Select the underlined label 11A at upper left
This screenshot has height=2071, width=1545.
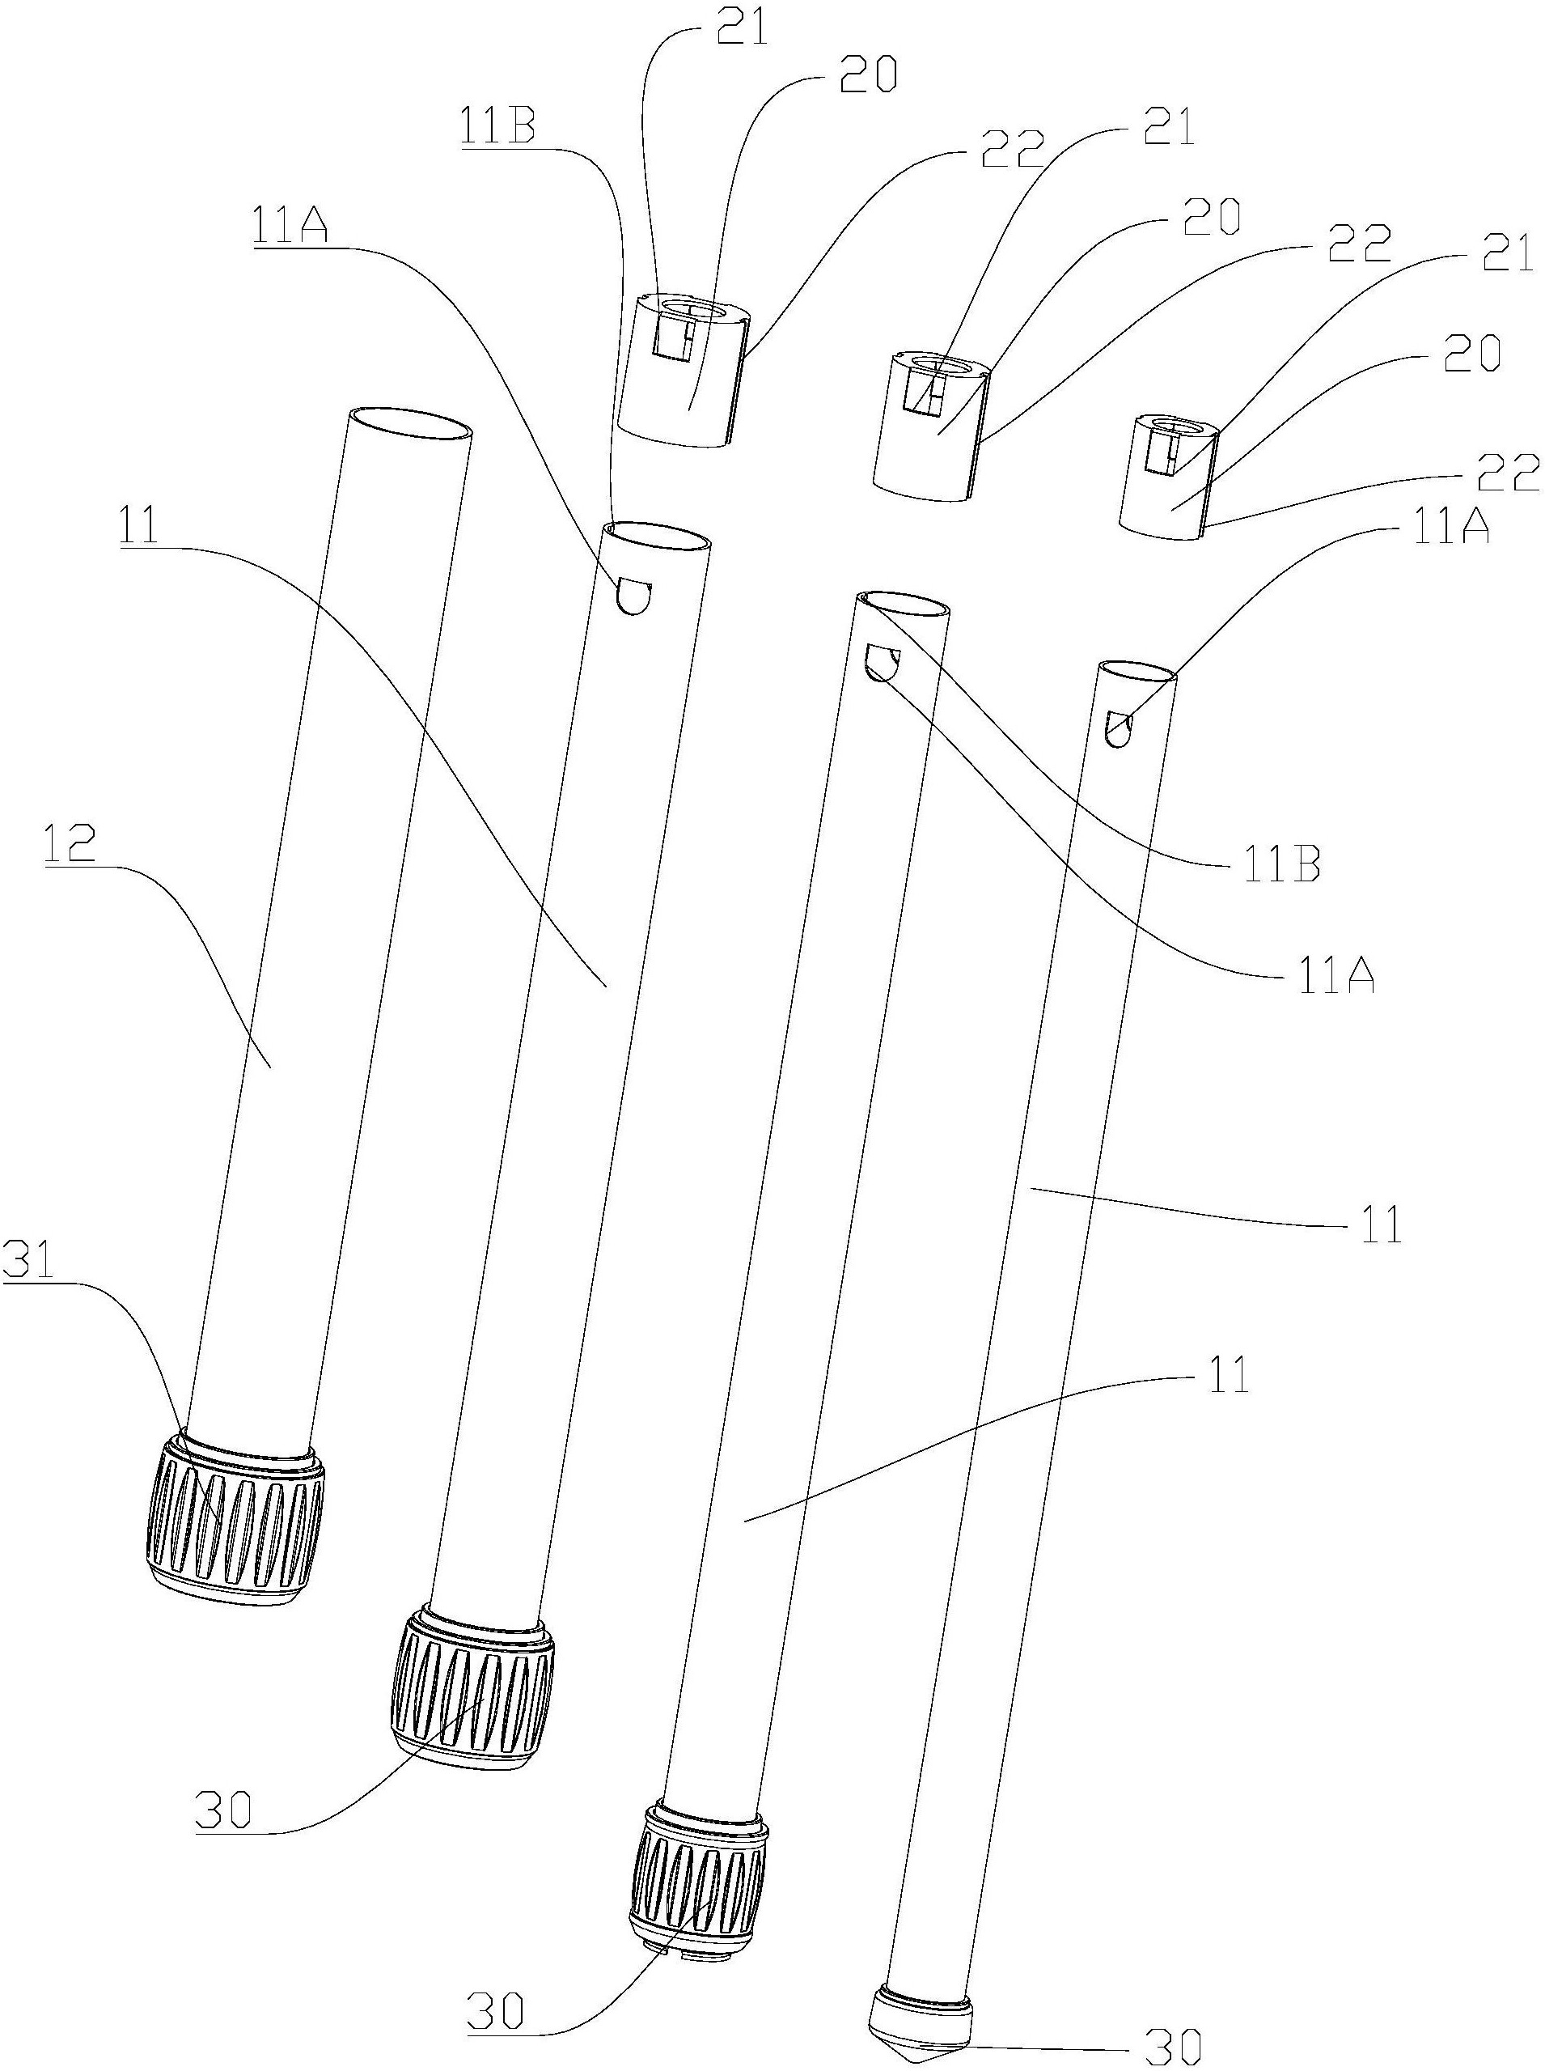pyautogui.click(x=289, y=227)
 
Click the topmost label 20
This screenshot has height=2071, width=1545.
pyautogui.click(x=867, y=77)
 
